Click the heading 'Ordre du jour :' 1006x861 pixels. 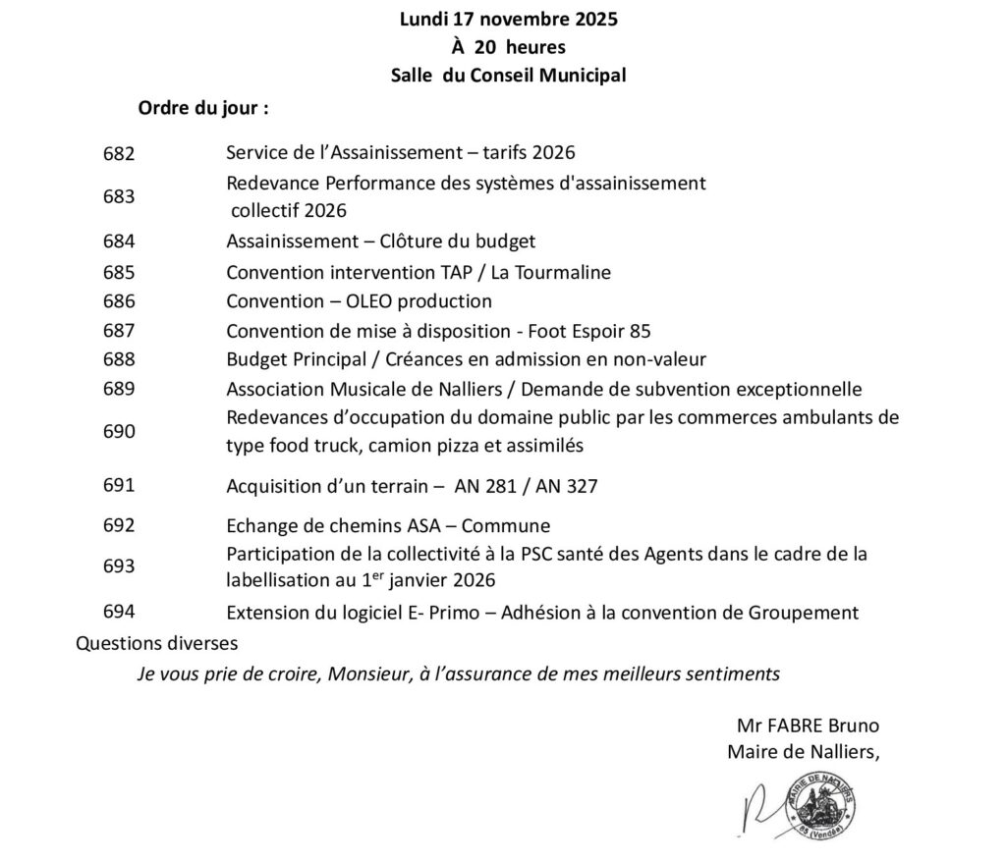[x=202, y=108]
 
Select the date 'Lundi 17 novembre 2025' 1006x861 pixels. [x=509, y=19]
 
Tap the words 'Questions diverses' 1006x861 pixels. [x=156, y=644]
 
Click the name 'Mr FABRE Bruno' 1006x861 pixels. [x=808, y=726]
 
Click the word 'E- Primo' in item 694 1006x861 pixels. [x=458, y=613]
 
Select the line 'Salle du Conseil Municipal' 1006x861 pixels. [x=508, y=75]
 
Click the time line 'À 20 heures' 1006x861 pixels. [x=508, y=46]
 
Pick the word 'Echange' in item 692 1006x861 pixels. [x=257, y=525]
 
